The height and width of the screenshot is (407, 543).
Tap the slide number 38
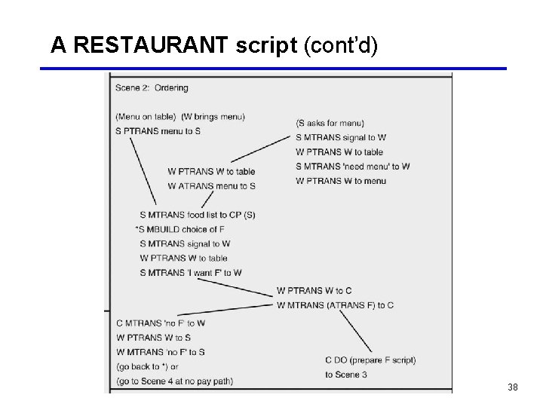[513, 387]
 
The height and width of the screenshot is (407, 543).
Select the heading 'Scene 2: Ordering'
[152, 88]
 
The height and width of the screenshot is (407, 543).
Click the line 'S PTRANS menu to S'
[158, 131]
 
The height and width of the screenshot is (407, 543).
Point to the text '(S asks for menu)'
[330, 123]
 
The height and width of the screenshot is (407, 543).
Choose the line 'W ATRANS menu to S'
[211, 186]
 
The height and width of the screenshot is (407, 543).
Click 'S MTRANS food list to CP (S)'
[198, 215]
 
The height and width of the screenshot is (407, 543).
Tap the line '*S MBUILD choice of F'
[179, 229]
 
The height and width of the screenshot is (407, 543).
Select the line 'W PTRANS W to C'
[314, 291]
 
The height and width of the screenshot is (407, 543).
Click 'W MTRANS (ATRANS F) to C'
[335, 305]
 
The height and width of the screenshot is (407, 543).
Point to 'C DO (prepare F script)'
[370, 360]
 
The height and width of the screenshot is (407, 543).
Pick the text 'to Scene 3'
[346, 375]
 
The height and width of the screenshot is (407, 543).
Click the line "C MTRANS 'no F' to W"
[161, 323]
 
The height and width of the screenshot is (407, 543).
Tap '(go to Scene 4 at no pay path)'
[174, 381]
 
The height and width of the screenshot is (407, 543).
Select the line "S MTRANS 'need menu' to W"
[353, 167]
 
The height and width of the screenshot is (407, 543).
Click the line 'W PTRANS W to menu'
[341, 181]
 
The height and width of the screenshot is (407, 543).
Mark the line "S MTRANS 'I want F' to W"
[191, 273]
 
